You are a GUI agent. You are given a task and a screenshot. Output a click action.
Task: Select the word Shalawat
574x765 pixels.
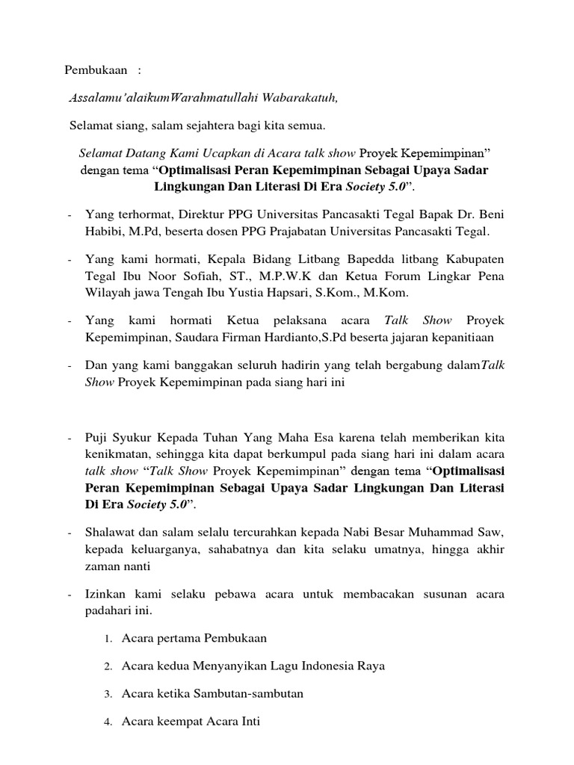[111, 534]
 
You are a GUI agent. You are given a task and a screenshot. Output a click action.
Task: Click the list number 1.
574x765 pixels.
[108, 639]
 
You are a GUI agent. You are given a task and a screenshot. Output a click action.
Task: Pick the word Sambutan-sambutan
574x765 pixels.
[253, 693]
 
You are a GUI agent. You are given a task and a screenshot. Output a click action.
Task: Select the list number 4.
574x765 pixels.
[108, 722]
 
